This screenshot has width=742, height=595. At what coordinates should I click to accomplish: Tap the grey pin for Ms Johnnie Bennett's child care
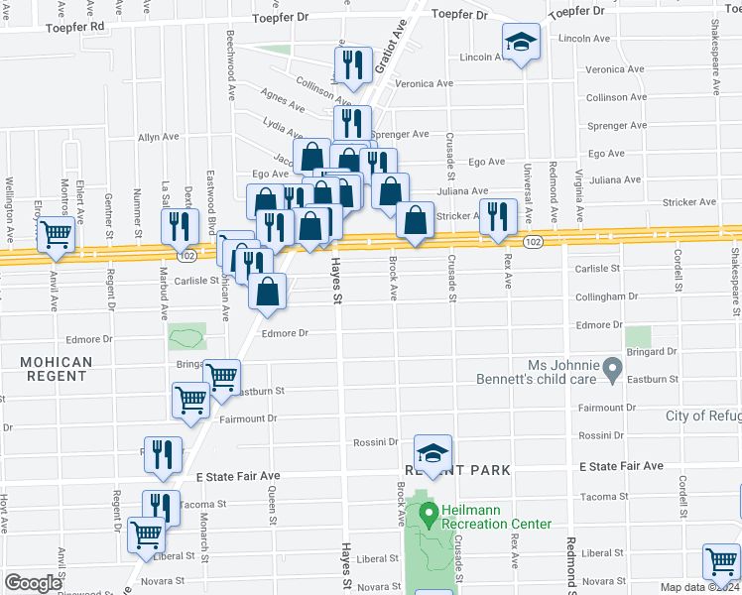click(612, 372)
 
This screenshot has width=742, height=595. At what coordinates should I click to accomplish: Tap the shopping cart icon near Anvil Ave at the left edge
click(56, 236)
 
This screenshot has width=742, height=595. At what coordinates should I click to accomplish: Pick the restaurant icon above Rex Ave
click(497, 216)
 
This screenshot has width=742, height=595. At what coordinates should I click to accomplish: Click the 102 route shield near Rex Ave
click(533, 243)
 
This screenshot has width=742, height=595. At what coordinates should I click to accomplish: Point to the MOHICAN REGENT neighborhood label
click(56, 371)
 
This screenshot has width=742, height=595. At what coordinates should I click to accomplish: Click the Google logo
click(33, 582)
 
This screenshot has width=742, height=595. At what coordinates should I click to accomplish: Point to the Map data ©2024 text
click(700, 587)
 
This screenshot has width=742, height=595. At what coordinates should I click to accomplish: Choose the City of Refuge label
click(703, 416)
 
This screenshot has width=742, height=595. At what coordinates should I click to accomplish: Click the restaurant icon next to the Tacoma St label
click(160, 508)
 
